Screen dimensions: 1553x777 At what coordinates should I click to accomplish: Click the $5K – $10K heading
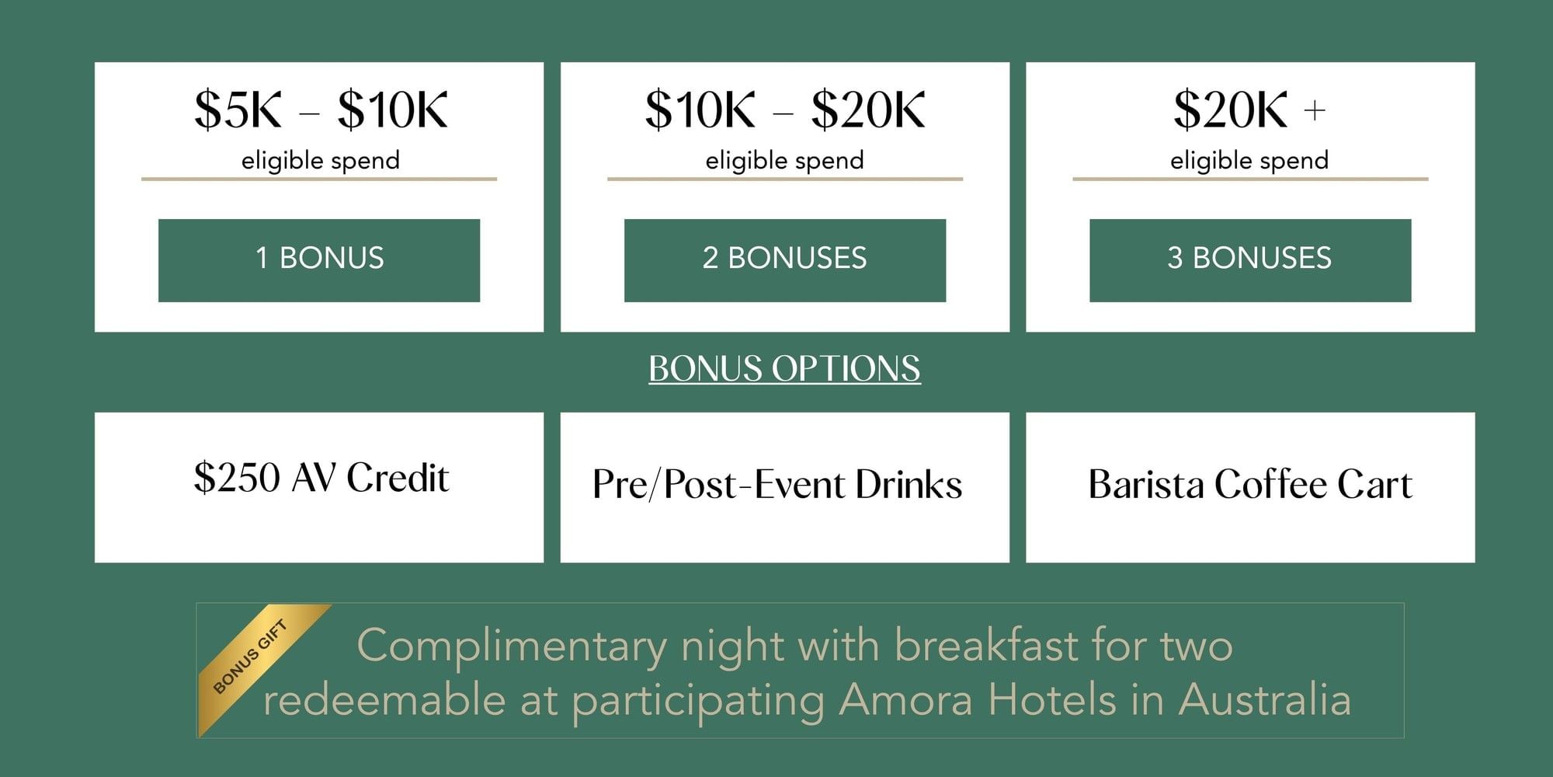[x=321, y=110]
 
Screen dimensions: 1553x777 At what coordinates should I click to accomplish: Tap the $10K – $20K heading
[x=785, y=110]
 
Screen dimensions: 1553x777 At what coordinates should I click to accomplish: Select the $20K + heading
[x=1249, y=110]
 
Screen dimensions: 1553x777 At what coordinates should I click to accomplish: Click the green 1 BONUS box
[x=319, y=260]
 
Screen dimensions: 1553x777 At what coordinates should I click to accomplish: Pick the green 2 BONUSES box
[x=785, y=260]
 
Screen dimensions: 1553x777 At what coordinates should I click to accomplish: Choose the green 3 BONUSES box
[x=1250, y=260]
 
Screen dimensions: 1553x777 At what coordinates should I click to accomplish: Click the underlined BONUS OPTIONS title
[x=784, y=368]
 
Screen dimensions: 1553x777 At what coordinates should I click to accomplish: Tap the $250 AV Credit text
[x=321, y=477]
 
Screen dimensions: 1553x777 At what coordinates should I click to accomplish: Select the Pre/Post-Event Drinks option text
[x=777, y=484]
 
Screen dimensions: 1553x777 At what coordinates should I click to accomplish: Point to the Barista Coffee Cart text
[x=1250, y=484]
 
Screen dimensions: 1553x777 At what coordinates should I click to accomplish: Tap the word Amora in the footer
[x=905, y=699]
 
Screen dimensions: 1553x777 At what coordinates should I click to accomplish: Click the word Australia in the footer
[x=1265, y=699]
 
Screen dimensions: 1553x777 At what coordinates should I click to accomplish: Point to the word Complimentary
[x=512, y=646]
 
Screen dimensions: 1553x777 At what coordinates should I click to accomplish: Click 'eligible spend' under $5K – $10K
[x=321, y=160]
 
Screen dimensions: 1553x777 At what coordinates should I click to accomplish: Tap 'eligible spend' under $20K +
[x=1249, y=160]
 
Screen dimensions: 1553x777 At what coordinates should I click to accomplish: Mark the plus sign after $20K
[x=1315, y=111]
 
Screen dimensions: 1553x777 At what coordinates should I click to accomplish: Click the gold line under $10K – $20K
[x=785, y=179]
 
